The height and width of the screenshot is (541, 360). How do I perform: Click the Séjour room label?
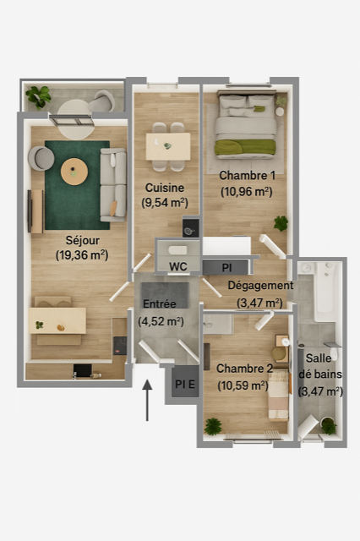[83, 240]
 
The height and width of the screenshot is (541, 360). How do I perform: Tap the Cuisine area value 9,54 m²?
[165, 203]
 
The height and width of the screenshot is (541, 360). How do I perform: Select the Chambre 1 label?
[248, 176]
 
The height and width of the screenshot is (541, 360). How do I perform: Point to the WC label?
[178, 266]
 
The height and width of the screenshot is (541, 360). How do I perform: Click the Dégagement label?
[260, 286]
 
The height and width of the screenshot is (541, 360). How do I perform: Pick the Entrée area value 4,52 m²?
[161, 321]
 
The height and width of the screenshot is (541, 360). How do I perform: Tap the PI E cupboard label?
[185, 384]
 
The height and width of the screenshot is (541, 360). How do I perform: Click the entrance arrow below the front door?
[147, 400]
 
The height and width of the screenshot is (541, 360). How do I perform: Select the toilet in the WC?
[177, 250]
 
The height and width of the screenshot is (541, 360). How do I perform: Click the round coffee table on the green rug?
[74, 172]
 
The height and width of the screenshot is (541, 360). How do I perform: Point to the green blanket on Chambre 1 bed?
[245, 147]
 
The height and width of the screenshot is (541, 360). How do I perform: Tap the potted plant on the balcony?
[38, 96]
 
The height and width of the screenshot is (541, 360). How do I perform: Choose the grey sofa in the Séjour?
[113, 185]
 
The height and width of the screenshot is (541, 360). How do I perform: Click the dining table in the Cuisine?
[168, 146]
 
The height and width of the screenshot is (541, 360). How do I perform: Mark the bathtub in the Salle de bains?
[325, 291]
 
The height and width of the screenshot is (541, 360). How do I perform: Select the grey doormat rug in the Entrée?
[165, 295]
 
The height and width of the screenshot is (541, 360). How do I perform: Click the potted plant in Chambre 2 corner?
[213, 426]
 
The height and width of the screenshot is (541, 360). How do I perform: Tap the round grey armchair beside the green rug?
[41, 159]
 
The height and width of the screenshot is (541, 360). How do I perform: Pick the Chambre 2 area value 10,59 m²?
[243, 385]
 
